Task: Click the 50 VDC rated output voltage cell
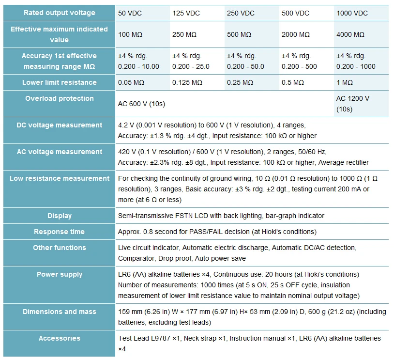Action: point(130,13)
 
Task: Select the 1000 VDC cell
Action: point(352,13)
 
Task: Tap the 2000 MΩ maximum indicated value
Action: point(295,34)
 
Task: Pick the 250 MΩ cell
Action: point(184,34)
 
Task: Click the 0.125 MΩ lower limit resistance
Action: point(187,82)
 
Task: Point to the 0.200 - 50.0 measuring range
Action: point(245,66)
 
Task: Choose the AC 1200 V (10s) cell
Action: point(353,104)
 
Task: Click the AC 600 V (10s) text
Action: point(141,104)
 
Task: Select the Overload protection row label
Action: point(60,98)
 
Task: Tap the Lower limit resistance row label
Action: point(60,82)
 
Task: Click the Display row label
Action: point(60,216)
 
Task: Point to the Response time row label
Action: point(60,232)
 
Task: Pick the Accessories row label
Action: point(60,338)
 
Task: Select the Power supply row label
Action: point(60,274)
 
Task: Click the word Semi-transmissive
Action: point(146,216)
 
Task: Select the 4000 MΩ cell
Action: point(350,34)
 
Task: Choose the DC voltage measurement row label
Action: point(60,125)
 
